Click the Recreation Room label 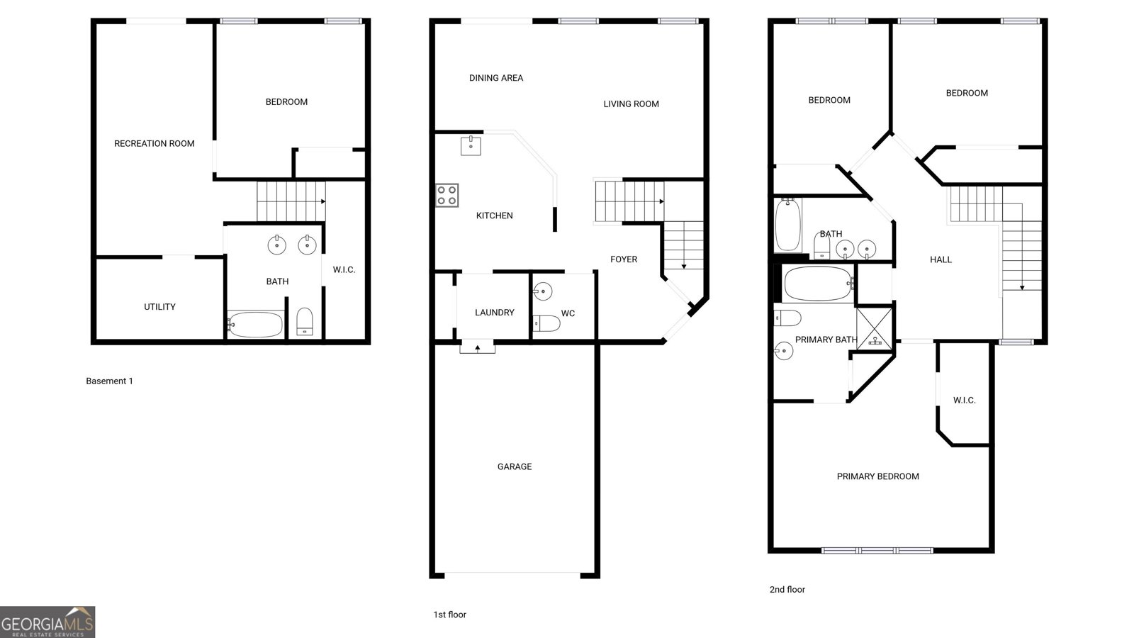[x=155, y=144]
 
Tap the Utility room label [x=160, y=307]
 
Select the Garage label [x=515, y=467]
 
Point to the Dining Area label [x=496, y=78]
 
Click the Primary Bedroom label [x=878, y=476]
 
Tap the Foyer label [x=624, y=259]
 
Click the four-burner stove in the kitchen [x=447, y=196]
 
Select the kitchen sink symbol [x=471, y=145]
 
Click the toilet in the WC [x=546, y=323]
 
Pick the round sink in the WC [x=543, y=291]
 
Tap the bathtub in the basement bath [x=255, y=324]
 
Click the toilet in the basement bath [x=305, y=322]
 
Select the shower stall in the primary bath [x=875, y=328]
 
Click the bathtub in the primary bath [x=818, y=284]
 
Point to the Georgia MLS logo [x=47, y=622]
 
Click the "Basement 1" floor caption [x=109, y=381]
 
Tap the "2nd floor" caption [x=787, y=589]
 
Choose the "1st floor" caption [x=449, y=615]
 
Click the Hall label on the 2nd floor [x=941, y=259]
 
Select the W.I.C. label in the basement [x=344, y=270]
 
